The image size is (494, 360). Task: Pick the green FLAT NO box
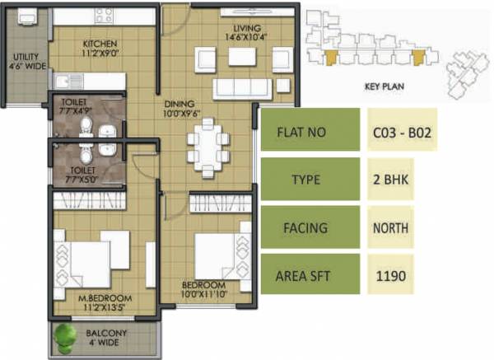pos(310,129)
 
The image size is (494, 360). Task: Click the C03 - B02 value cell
pos(403,129)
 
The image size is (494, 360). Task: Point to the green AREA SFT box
pos(310,275)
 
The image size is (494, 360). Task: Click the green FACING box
pos(310,228)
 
